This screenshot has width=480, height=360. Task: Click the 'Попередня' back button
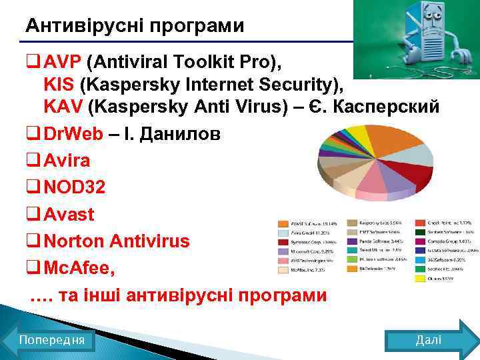pos(51,340)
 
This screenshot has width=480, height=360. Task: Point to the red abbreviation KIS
pos(59,85)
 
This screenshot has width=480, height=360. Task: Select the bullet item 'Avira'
pos(66,161)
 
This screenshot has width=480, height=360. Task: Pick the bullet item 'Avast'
pos(69,215)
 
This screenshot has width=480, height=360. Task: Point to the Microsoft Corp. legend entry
pos(307,252)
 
